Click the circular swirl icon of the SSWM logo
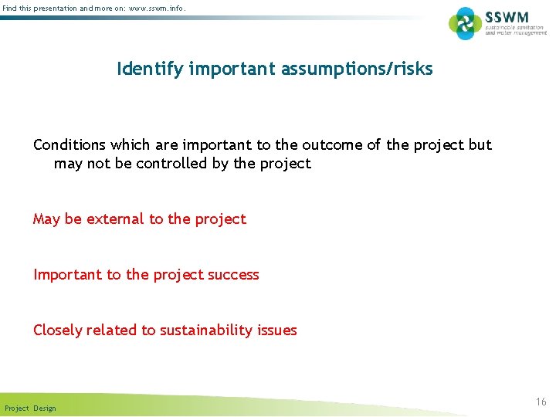coord(465,23)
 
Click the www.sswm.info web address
coord(158,8)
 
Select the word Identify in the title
coord(150,69)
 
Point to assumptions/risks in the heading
coord(360,69)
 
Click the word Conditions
coord(69,145)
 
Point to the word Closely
coord(58,331)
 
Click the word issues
coord(278,331)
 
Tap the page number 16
coord(541,402)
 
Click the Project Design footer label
coord(30,408)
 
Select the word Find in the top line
coord(10,8)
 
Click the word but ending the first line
coord(480,145)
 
